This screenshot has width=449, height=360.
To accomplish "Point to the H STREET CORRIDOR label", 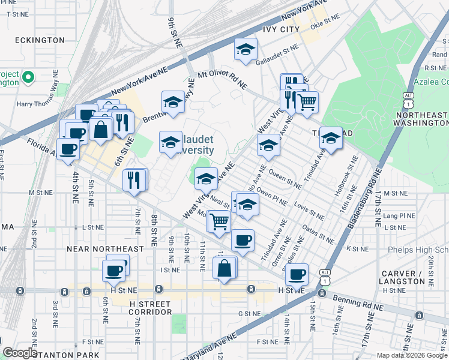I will pyautogui.click(x=151, y=308).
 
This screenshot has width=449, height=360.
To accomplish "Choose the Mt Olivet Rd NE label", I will pyautogui.click(x=222, y=80).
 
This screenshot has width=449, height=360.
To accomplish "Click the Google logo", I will pyautogui.click(x=20, y=353).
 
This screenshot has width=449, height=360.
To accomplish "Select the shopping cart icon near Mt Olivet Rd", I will pyautogui.click(x=307, y=102).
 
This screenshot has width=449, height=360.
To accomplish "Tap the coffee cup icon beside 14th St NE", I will pyautogui.click(x=296, y=274).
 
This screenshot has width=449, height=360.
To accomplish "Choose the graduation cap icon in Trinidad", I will pyautogui.click(x=330, y=138).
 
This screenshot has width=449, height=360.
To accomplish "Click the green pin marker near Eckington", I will pyautogui.click(x=28, y=77).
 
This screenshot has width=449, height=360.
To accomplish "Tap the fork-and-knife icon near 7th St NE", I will pyautogui.click(x=134, y=179).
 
